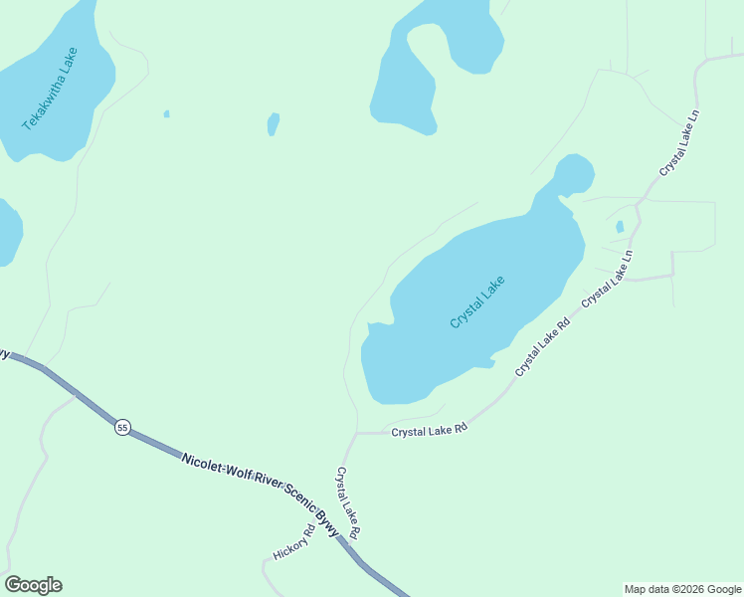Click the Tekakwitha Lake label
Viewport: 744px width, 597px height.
pyautogui.click(x=50, y=89)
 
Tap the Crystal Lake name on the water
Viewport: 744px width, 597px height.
pyautogui.click(x=477, y=302)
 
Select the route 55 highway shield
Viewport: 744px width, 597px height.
pyautogui.click(x=121, y=427)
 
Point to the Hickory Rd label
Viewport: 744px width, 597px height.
pyautogui.click(x=293, y=542)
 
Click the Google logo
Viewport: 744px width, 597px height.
pyautogui.click(x=33, y=585)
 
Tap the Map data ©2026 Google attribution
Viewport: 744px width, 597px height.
pyautogui.click(x=682, y=589)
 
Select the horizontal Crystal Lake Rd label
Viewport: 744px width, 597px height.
pyautogui.click(x=429, y=432)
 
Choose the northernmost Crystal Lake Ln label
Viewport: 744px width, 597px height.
pyautogui.click(x=680, y=143)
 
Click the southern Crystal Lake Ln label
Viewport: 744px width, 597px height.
pyautogui.click(x=608, y=278)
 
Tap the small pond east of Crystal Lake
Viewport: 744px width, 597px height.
pyautogui.click(x=620, y=227)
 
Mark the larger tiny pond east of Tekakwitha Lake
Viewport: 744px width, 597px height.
pyautogui.click(x=273, y=124)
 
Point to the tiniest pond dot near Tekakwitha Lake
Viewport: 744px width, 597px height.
pyautogui.click(x=166, y=114)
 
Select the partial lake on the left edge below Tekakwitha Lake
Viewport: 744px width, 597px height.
pyautogui.click(x=7, y=232)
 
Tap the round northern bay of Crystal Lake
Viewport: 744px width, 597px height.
pyautogui.click(x=575, y=174)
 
